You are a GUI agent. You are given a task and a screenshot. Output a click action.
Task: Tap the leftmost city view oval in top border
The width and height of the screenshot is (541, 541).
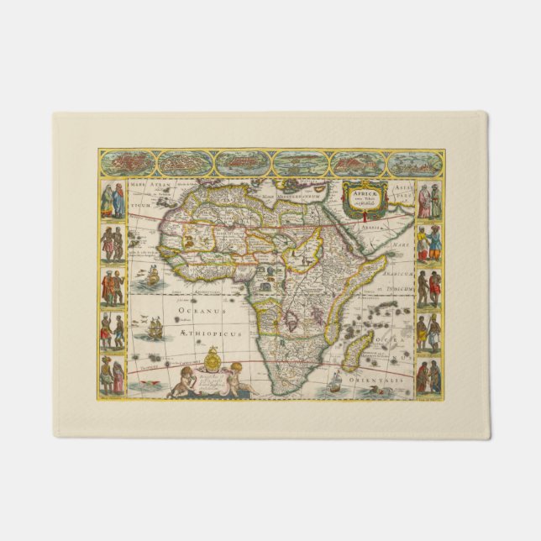click(x=125, y=162)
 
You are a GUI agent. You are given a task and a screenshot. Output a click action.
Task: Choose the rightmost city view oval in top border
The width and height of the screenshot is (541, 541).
click(x=415, y=162)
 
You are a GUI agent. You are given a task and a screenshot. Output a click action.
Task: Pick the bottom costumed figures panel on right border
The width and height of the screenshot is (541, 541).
click(x=428, y=376)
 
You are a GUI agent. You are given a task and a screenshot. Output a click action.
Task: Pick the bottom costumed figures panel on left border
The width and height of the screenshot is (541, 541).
click(x=113, y=376)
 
